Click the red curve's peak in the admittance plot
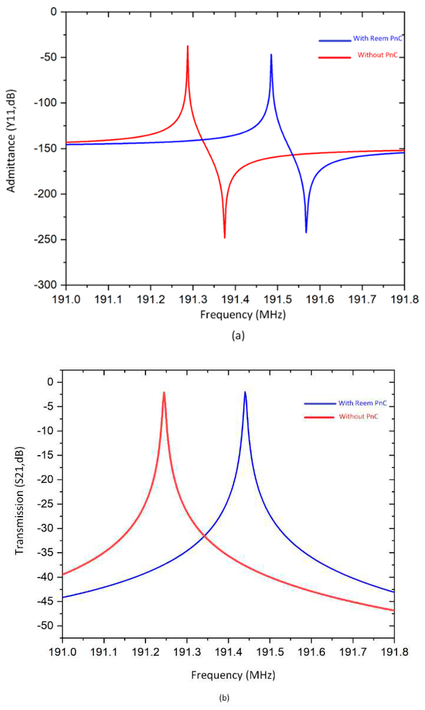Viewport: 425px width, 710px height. pos(188,46)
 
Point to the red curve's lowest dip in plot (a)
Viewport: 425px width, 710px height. pos(225,237)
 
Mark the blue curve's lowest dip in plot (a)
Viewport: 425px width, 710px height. pos(306,232)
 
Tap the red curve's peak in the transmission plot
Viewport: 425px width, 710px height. pos(164,393)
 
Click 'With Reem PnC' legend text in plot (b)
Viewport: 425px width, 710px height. pos(362,403)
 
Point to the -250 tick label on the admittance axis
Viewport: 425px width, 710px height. pos(46,239)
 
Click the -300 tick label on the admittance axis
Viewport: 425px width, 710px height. pos(46,285)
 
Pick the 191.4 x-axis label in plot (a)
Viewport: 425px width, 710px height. pos(235,300)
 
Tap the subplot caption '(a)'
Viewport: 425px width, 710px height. pos(238,335)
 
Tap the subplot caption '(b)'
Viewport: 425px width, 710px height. pos(224,697)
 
